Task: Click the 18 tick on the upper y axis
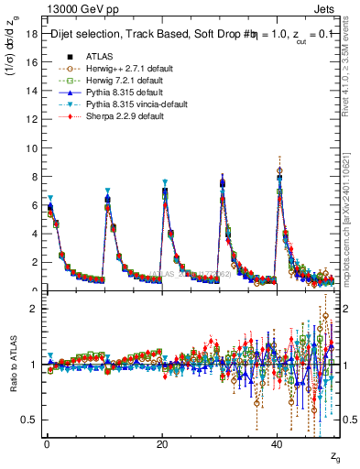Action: (x=30, y=35)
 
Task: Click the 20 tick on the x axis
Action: (x=162, y=443)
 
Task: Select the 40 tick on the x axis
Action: (x=278, y=443)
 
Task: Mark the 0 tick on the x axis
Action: (x=46, y=443)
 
